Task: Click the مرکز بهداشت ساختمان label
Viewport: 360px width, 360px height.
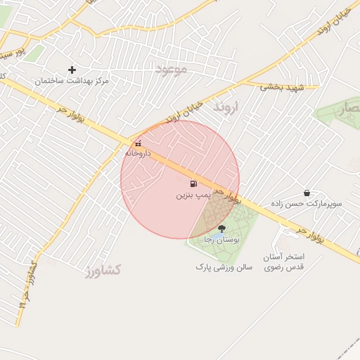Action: point(72,82)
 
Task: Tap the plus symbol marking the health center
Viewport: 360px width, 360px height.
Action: point(72,70)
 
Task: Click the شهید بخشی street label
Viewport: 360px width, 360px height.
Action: point(281,87)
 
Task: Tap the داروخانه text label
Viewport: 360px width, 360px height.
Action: point(137,153)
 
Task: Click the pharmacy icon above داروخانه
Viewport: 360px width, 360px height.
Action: point(138,143)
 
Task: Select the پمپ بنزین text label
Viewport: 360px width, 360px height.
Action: point(193,194)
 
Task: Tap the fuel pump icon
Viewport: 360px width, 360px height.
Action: point(193,184)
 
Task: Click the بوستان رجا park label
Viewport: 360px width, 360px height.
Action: point(221,240)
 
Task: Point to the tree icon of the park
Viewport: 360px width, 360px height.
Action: point(222,228)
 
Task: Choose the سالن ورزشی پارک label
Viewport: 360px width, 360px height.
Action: point(224,267)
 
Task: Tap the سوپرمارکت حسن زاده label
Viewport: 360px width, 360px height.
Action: point(308,204)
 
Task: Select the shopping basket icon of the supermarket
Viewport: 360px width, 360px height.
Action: point(307,193)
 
